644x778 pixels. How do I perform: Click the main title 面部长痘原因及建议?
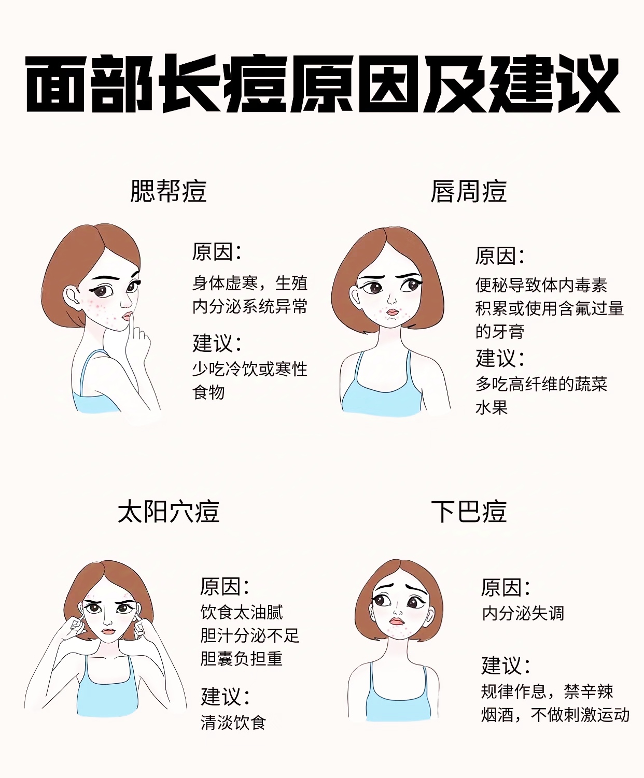323,83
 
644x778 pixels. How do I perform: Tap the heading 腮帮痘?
169,191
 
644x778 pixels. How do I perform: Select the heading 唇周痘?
468,191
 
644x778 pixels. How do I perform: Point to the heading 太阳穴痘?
169,512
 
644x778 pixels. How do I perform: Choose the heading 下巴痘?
469,512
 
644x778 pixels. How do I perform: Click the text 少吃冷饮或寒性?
250,369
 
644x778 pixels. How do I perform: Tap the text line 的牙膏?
500,331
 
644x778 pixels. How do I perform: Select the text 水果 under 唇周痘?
492,407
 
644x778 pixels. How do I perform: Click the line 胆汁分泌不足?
250,635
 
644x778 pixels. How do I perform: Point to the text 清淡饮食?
233,723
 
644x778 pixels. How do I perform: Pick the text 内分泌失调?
523,613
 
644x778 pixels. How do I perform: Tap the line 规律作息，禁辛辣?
547,691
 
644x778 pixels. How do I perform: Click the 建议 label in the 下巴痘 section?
506,665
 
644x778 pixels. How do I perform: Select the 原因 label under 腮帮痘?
217,251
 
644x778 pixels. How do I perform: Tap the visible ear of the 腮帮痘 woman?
72,296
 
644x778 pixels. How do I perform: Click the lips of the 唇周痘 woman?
392,312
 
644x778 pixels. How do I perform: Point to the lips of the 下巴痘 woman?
397,621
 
